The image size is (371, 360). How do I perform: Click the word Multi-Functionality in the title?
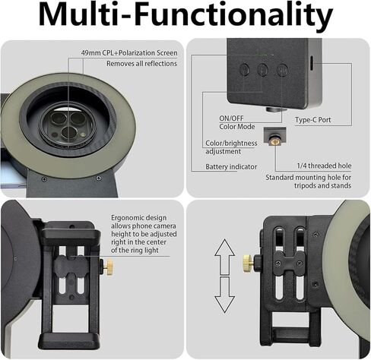tap(185, 17)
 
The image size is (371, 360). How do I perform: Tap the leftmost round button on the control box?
tap(245, 69)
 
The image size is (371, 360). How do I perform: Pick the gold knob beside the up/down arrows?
tap(249, 263)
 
